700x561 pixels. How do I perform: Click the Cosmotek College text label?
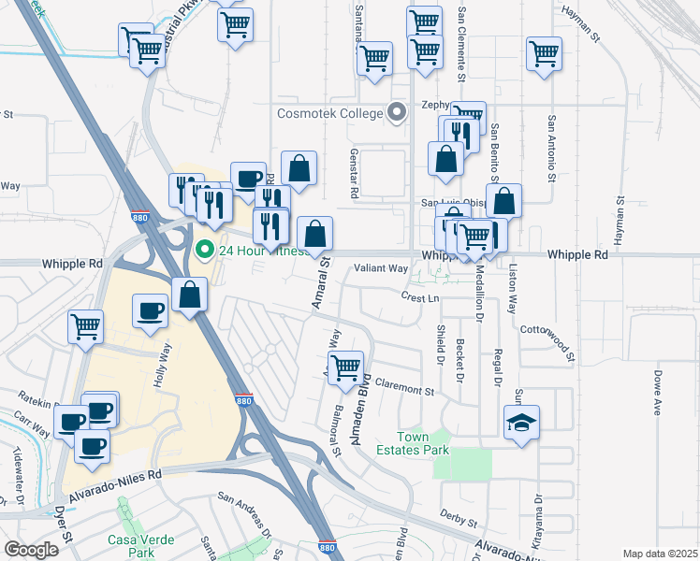330,113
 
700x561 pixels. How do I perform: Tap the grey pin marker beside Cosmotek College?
397,113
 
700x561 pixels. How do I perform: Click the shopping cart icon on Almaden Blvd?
346,367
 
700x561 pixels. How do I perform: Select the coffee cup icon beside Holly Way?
150,311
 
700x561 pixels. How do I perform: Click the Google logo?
32,550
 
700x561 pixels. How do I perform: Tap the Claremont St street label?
405,384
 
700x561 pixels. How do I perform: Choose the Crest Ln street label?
420,297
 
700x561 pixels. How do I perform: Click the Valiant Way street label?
381,268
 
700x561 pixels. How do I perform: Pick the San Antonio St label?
552,148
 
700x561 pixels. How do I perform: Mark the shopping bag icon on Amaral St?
315,235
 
